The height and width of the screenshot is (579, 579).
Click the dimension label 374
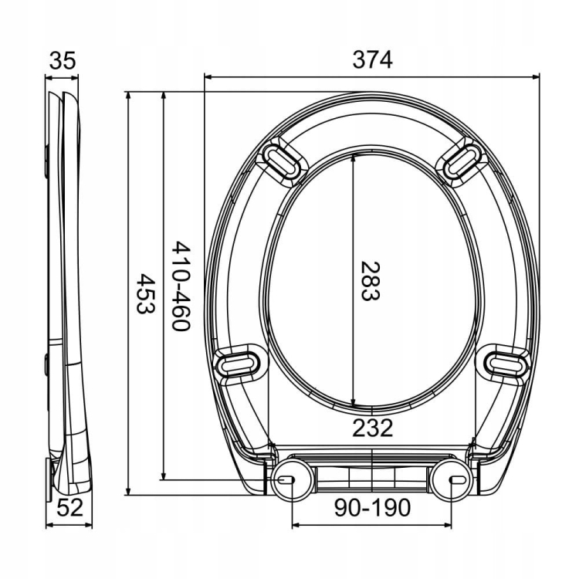[372, 59]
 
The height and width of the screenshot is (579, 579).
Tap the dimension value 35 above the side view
[63, 60]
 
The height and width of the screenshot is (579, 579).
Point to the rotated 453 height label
[145, 293]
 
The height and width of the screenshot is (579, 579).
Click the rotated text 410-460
[181, 286]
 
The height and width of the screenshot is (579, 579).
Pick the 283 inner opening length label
[370, 281]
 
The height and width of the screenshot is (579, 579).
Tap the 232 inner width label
[373, 428]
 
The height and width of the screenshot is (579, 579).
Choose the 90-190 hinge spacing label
[372, 507]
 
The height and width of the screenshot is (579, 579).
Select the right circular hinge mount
[452, 479]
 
